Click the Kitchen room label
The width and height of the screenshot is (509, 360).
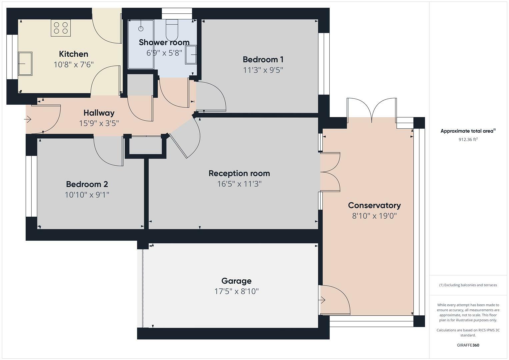73,54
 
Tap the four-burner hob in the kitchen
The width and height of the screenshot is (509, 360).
61,28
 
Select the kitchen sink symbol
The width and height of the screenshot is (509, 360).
25,63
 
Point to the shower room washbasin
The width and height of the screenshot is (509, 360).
191,54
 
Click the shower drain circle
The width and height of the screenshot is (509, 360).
141,29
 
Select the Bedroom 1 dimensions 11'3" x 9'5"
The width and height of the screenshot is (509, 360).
263,70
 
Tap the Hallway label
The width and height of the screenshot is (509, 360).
99,113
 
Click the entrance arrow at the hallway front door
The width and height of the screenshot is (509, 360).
28,119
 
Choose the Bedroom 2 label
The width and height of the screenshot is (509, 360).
87,184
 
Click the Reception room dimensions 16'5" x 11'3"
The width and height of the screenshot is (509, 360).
239,184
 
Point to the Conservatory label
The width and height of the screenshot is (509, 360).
374,205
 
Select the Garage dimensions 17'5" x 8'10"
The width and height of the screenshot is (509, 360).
236,291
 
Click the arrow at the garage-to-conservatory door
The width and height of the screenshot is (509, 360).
322,300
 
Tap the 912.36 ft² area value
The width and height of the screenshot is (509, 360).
468,140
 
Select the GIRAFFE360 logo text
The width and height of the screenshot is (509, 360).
468,345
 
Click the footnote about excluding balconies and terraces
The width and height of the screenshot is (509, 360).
468,285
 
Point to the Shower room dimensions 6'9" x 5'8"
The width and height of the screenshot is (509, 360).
164,53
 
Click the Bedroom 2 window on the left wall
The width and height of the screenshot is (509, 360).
32,186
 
